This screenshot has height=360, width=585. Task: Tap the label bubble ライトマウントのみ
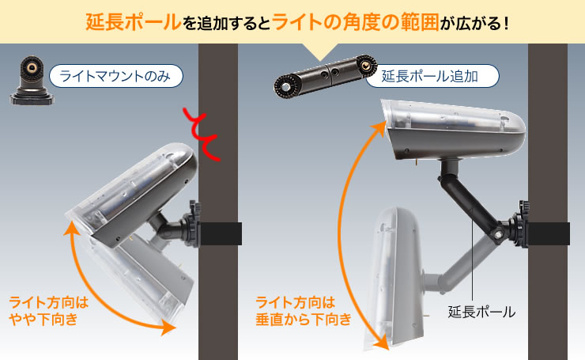[x=115, y=77]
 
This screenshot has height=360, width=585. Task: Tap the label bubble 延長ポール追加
[x=433, y=77]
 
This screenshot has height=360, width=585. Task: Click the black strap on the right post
[x=550, y=234]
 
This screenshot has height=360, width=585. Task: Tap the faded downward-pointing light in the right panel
[x=400, y=273]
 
